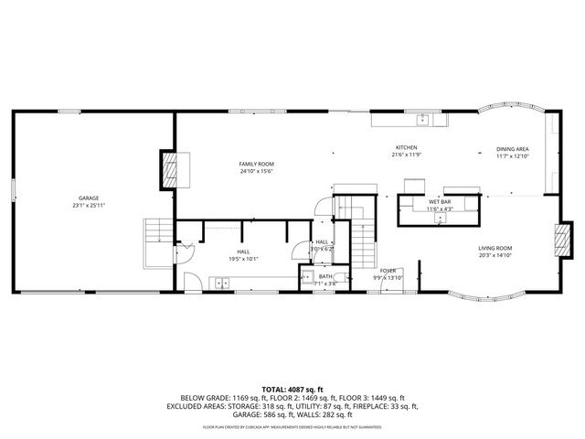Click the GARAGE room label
pos(89,198)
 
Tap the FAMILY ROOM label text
pos(257,164)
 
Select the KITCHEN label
pos(407,147)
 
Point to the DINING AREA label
pos(513,149)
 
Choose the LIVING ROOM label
pos(495,248)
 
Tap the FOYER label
pos(388,271)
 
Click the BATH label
pos(325,275)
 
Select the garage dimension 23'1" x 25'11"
pos(89,206)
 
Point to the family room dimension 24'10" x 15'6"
pos(257,171)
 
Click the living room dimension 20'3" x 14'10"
pos(495,255)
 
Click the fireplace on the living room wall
pos(560,240)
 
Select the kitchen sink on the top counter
pos(423,120)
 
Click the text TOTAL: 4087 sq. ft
pos(292,389)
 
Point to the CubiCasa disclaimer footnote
pos(292,427)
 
